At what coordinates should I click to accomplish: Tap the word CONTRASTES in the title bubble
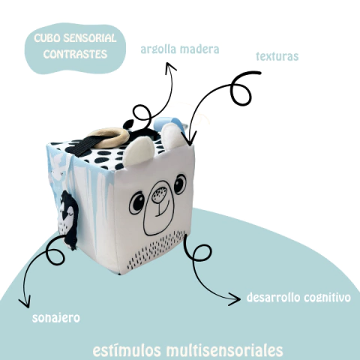[75, 54]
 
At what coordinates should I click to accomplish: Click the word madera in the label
[199, 49]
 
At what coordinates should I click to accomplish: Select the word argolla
[158, 49]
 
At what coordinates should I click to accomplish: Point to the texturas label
[277, 56]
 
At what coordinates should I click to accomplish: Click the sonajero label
[56, 318]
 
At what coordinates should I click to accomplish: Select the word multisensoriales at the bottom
[224, 350]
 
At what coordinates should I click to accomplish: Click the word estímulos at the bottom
[127, 350]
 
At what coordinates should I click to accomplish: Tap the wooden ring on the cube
[109, 137]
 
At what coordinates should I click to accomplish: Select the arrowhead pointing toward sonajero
[25, 302]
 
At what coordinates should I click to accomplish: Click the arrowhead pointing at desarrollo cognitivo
[234, 299]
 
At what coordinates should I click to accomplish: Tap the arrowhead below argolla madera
[170, 67]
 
